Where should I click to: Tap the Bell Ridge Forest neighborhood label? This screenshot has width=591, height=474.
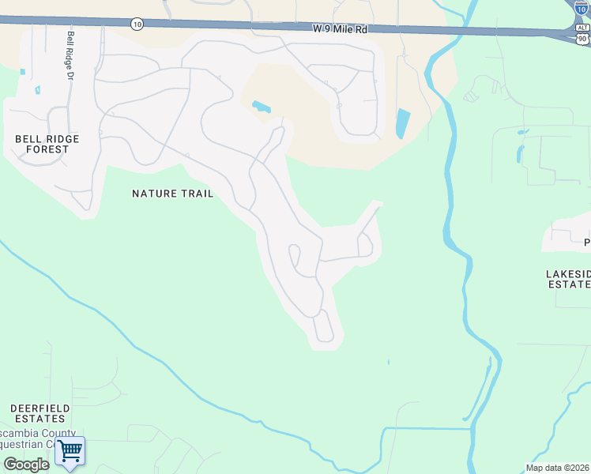(x=47, y=144)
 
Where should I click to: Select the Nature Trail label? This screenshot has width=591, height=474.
(x=172, y=194)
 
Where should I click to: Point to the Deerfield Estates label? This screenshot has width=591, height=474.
(x=40, y=413)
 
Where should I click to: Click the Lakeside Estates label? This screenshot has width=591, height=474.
(x=568, y=279)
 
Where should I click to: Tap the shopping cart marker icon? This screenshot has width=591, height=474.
(x=70, y=452)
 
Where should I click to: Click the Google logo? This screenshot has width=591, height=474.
(x=26, y=465)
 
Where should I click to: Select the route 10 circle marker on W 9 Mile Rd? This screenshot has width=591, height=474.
(x=137, y=24)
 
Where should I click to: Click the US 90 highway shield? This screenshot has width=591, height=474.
(x=582, y=38)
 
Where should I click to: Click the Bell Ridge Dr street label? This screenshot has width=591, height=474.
(x=70, y=55)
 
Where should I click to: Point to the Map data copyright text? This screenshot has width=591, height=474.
(x=558, y=468)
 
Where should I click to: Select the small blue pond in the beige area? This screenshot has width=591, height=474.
(x=260, y=106)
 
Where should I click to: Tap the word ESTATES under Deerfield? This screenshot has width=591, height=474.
(x=40, y=419)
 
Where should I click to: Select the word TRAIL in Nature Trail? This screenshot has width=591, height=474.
(x=196, y=194)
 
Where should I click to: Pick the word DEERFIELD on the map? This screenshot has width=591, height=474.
(x=40, y=408)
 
